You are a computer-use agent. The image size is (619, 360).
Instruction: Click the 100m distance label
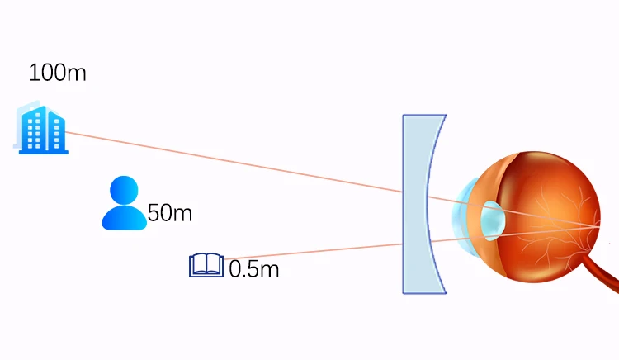click(x=57, y=73)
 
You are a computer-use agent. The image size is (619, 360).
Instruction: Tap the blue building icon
click(x=42, y=129)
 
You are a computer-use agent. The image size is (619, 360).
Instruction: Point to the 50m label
click(x=170, y=214)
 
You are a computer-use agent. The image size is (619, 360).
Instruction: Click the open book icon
click(x=206, y=265)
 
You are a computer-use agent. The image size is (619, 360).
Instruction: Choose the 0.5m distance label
click(x=254, y=269)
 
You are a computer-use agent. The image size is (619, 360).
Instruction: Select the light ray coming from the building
click(x=231, y=161)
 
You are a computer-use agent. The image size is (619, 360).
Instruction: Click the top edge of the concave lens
click(x=424, y=116)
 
